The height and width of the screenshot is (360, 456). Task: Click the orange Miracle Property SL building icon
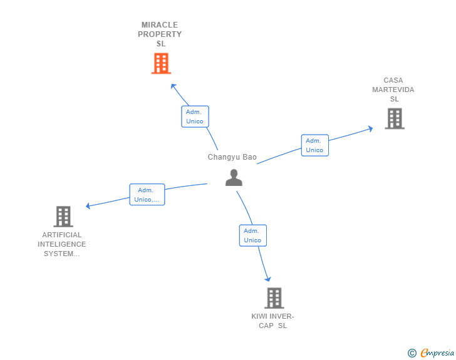click(x=161, y=63)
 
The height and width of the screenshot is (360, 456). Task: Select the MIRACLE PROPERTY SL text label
click(x=160, y=34)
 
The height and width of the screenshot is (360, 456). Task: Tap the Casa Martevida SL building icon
click(x=394, y=118)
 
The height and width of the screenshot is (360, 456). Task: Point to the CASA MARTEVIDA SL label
click(x=393, y=90)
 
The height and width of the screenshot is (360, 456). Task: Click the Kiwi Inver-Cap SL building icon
click(x=274, y=298)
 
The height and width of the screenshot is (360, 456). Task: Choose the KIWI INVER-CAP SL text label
click(x=272, y=321)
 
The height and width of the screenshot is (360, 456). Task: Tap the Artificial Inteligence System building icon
click(x=63, y=217)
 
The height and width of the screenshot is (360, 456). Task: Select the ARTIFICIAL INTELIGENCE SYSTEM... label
click(x=62, y=244)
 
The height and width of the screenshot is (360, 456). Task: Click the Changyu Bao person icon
click(x=234, y=178)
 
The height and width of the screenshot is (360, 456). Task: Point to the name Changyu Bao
click(x=232, y=157)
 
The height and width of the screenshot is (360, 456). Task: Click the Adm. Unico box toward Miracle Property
click(x=195, y=116)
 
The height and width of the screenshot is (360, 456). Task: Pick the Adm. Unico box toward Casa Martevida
click(x=314, y=145)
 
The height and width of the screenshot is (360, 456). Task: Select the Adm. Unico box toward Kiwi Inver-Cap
click(x=252, y=235)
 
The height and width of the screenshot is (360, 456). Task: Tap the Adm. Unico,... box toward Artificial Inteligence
click(x=147, y=195)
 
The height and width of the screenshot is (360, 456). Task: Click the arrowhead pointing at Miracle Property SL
click(x=173, y=86)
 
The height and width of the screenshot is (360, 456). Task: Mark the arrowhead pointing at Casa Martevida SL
click(x=370, y=128)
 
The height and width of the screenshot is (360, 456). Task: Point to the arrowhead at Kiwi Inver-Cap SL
click(x=268, y=279)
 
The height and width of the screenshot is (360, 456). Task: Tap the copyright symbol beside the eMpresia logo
click(x=412, y=353)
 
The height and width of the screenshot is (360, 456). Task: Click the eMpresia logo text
click(x=437, y=353)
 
